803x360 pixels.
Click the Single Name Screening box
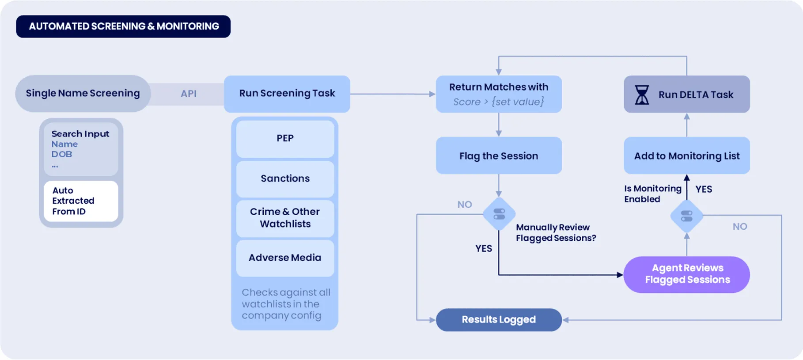[83, 93]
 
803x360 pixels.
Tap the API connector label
[189, 94]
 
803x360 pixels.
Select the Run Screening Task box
[287, 94]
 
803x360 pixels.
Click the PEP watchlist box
[285, 138]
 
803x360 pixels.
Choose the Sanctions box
[285, 178]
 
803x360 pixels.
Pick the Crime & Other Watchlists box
[285, 218]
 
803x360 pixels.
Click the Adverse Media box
[285, 258]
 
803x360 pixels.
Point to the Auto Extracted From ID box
[81, 201]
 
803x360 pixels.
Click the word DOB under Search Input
[61, 154]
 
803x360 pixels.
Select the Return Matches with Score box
[499, 94]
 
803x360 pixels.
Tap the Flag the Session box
[499, 156]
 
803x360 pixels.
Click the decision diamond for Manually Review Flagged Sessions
[499, 214]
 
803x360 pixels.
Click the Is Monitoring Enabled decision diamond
[686, 216]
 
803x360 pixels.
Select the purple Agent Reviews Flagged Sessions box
[687, 274]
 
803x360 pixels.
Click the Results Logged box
[499, 319]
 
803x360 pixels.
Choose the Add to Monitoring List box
[686, 156]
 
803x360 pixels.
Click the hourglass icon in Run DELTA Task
[642, 95]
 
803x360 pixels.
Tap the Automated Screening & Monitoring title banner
[123, 27]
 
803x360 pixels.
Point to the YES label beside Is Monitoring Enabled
[704, 189]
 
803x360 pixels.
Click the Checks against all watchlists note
[285, 304]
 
